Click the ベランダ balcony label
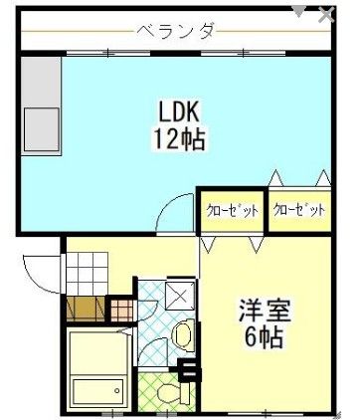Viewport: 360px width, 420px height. (x=178, y=31)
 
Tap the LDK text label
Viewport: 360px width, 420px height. (x=179, y=108)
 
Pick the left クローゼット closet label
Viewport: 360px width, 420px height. (x=232, y=210)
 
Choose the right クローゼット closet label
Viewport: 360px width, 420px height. (x=299, y=210)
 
